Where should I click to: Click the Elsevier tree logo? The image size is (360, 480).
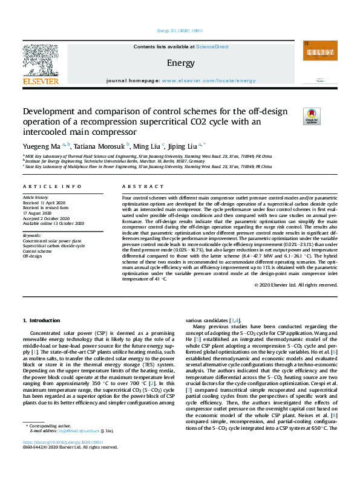(x=41, y=63)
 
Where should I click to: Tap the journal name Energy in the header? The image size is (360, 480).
(x=180, y=62)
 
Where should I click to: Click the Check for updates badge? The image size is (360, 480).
(x=312, y=116)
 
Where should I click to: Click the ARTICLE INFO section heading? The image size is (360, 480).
(x=52, y=187)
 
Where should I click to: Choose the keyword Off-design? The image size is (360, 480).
(x=33, y=256)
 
